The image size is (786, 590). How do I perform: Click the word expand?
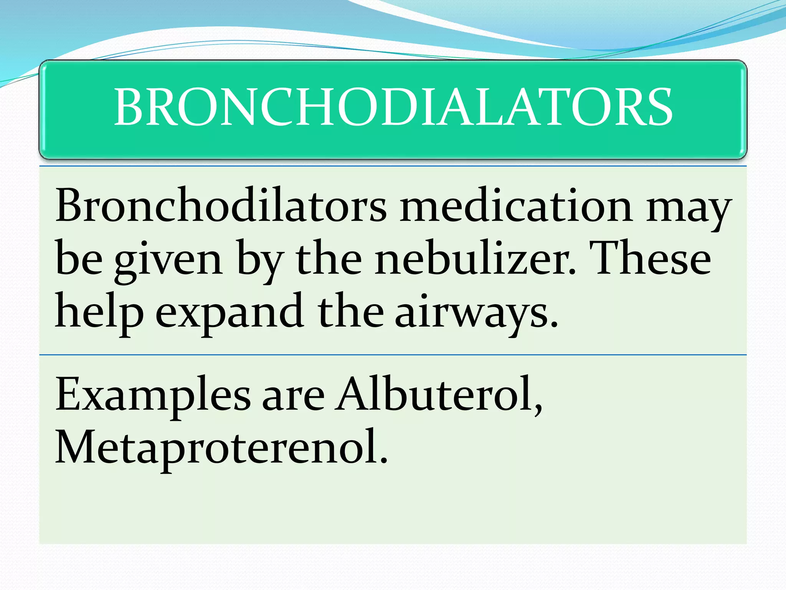click(x=230, y=313)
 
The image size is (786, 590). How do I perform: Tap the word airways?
click(x=476, y=313)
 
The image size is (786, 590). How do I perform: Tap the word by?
click(x=261, y=261)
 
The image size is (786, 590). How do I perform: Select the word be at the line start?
click(x=79, y=258)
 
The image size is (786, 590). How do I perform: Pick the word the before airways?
click(x=350, y=311)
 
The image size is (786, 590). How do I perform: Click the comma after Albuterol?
click(x=539, y=408)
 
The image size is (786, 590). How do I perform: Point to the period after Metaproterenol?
click(x=383, y=459)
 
